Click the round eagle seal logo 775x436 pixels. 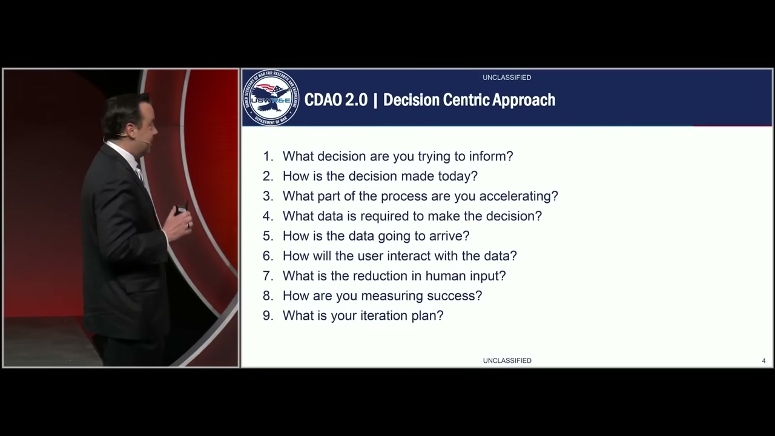point(271,98)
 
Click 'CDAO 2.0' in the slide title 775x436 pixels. point(335,100)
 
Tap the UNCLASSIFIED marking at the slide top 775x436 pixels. point(507,78)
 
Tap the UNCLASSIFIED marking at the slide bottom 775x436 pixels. point(507,360)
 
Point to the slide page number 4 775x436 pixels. point(763,361)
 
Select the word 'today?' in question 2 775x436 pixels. point(458,176)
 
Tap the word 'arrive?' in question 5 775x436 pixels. point(449,236)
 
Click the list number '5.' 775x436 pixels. point(268,236)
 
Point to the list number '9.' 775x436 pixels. point(268,315)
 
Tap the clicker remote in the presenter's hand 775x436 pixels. point(181,210)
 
